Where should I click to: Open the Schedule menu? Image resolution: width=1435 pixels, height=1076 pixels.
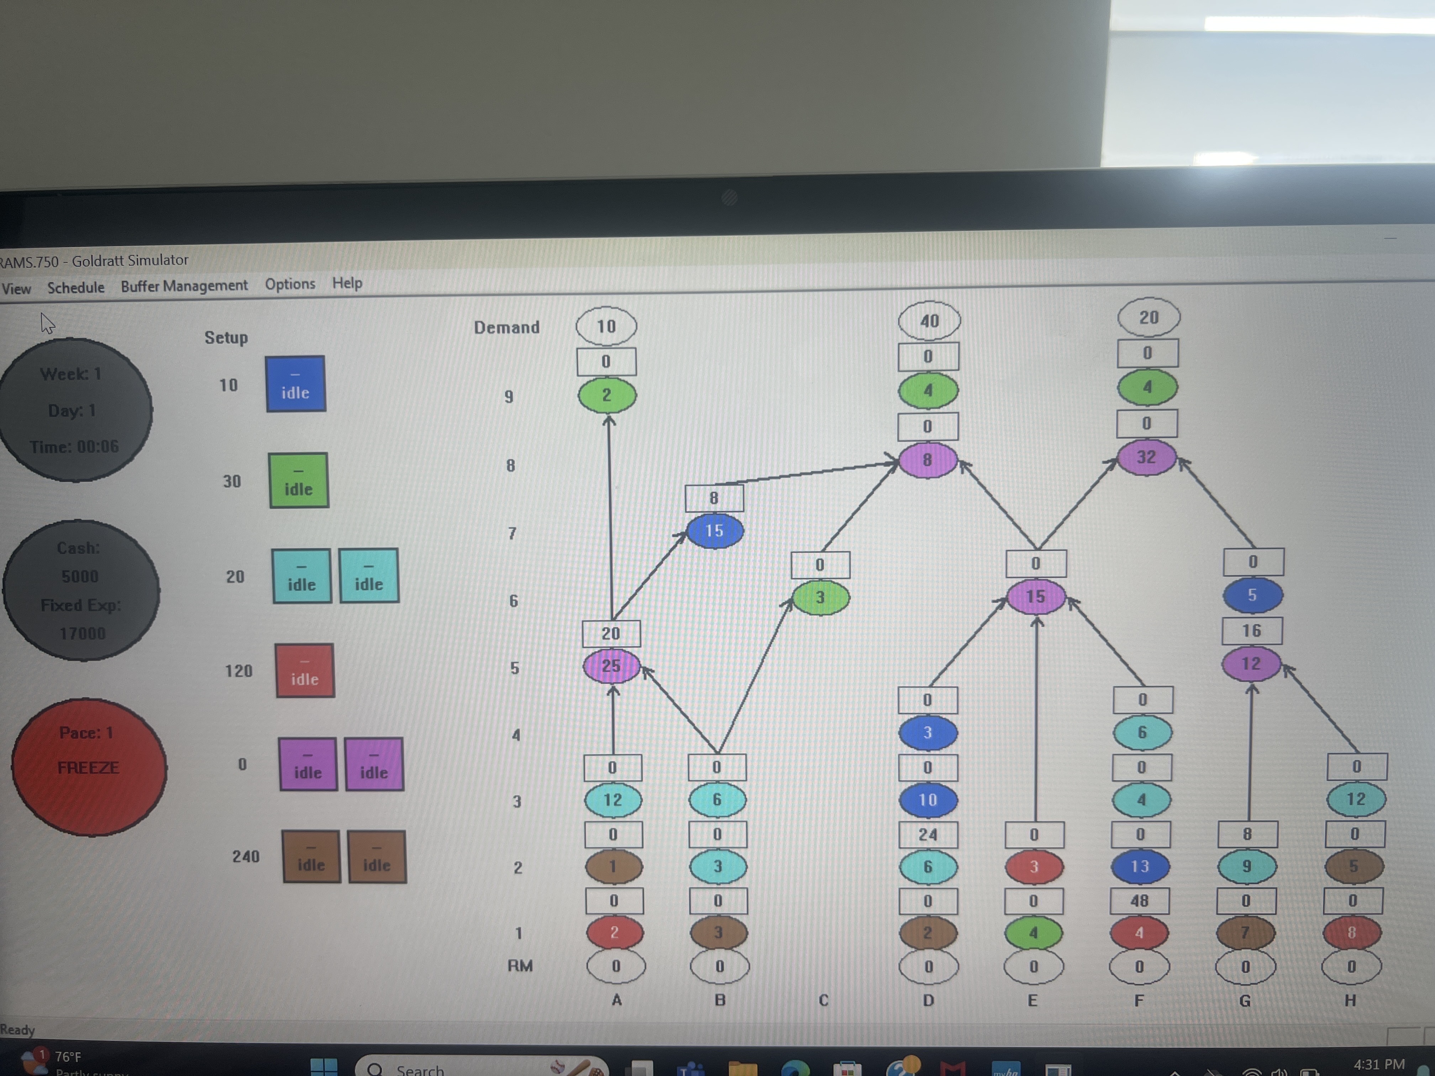(76, 287)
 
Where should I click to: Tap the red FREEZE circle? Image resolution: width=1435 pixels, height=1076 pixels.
(89, 767)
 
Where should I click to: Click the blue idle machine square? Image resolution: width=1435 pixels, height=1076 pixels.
(295, 384)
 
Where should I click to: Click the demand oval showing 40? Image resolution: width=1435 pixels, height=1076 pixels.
(929, 320)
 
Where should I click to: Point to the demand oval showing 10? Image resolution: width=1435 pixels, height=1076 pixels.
(606, 326)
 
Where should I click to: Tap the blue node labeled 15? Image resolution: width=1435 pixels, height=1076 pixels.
(714, 531)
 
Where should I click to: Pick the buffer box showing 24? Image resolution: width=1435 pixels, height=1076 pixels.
(928, 834)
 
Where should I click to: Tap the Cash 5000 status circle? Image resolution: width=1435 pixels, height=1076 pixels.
(81, 590)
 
